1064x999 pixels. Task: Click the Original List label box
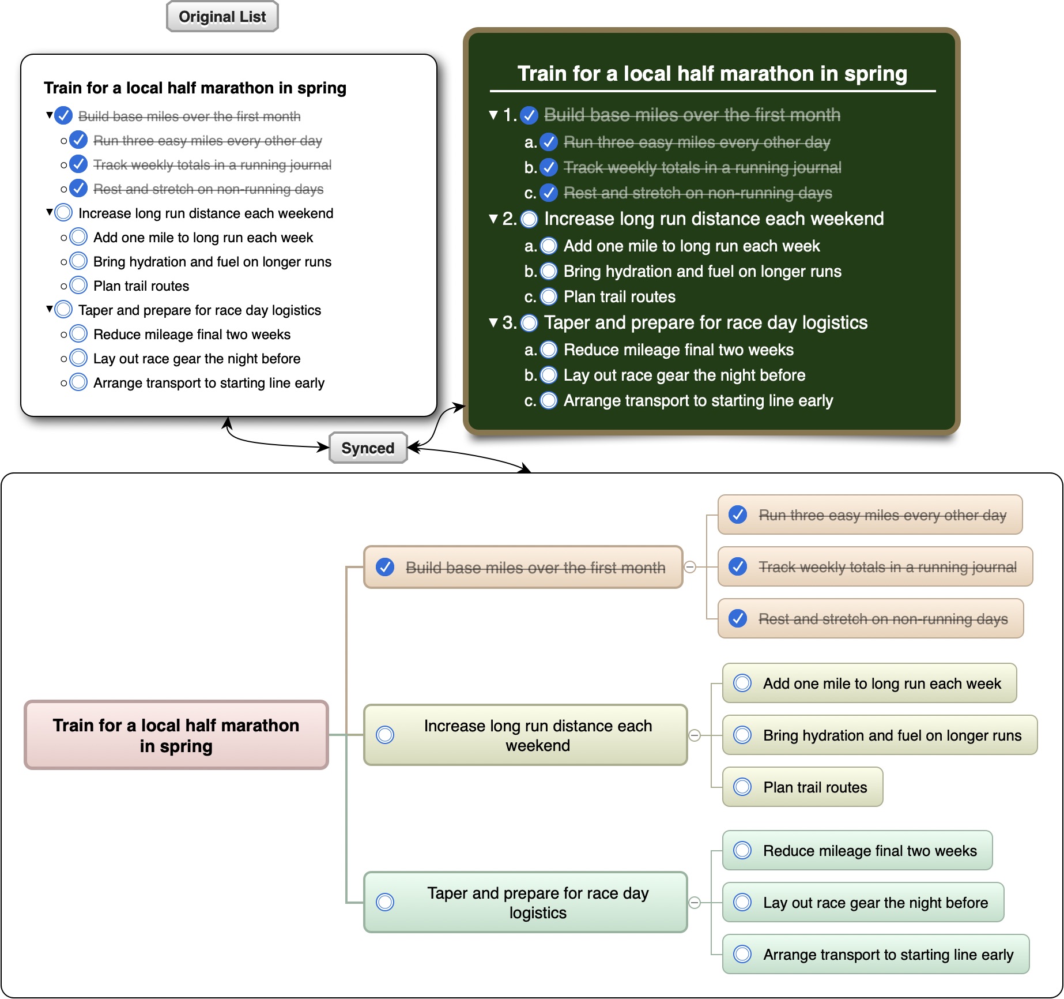click(x=222, y=16)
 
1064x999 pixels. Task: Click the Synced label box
click(x=368, y=448)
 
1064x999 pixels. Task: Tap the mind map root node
click(x=176, y=735)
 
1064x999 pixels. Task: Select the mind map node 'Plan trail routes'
click(x=802, y=787)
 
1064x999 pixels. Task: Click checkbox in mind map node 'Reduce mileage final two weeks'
click(x=742, y=850)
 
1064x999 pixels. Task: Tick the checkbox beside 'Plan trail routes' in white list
click(x=78, y=286)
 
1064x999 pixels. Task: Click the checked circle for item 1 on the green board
click(x=529, y=115)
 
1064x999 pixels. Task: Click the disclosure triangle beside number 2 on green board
click(x=493, y=219)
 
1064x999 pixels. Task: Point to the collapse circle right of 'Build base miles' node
click(x=689, y=567)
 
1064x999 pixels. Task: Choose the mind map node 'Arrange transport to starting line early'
click(x=876, y=954)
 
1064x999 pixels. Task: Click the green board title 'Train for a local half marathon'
click(x=712, y=74)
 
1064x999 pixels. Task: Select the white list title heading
click(x=195, y=88)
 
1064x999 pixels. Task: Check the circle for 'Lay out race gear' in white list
click(x=78, y=358)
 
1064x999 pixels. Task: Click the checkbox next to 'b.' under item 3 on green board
click(x=549, y=375)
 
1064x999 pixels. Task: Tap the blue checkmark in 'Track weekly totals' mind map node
click(x=738, y=566)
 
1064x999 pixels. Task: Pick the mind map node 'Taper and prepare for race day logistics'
click(x=526, y=902)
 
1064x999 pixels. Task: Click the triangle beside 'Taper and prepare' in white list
click(x=50, y=309)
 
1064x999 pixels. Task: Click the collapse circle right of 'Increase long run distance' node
click(x=695, y=735)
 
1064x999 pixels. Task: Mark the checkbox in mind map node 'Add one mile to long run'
click(x=742, y=683)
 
